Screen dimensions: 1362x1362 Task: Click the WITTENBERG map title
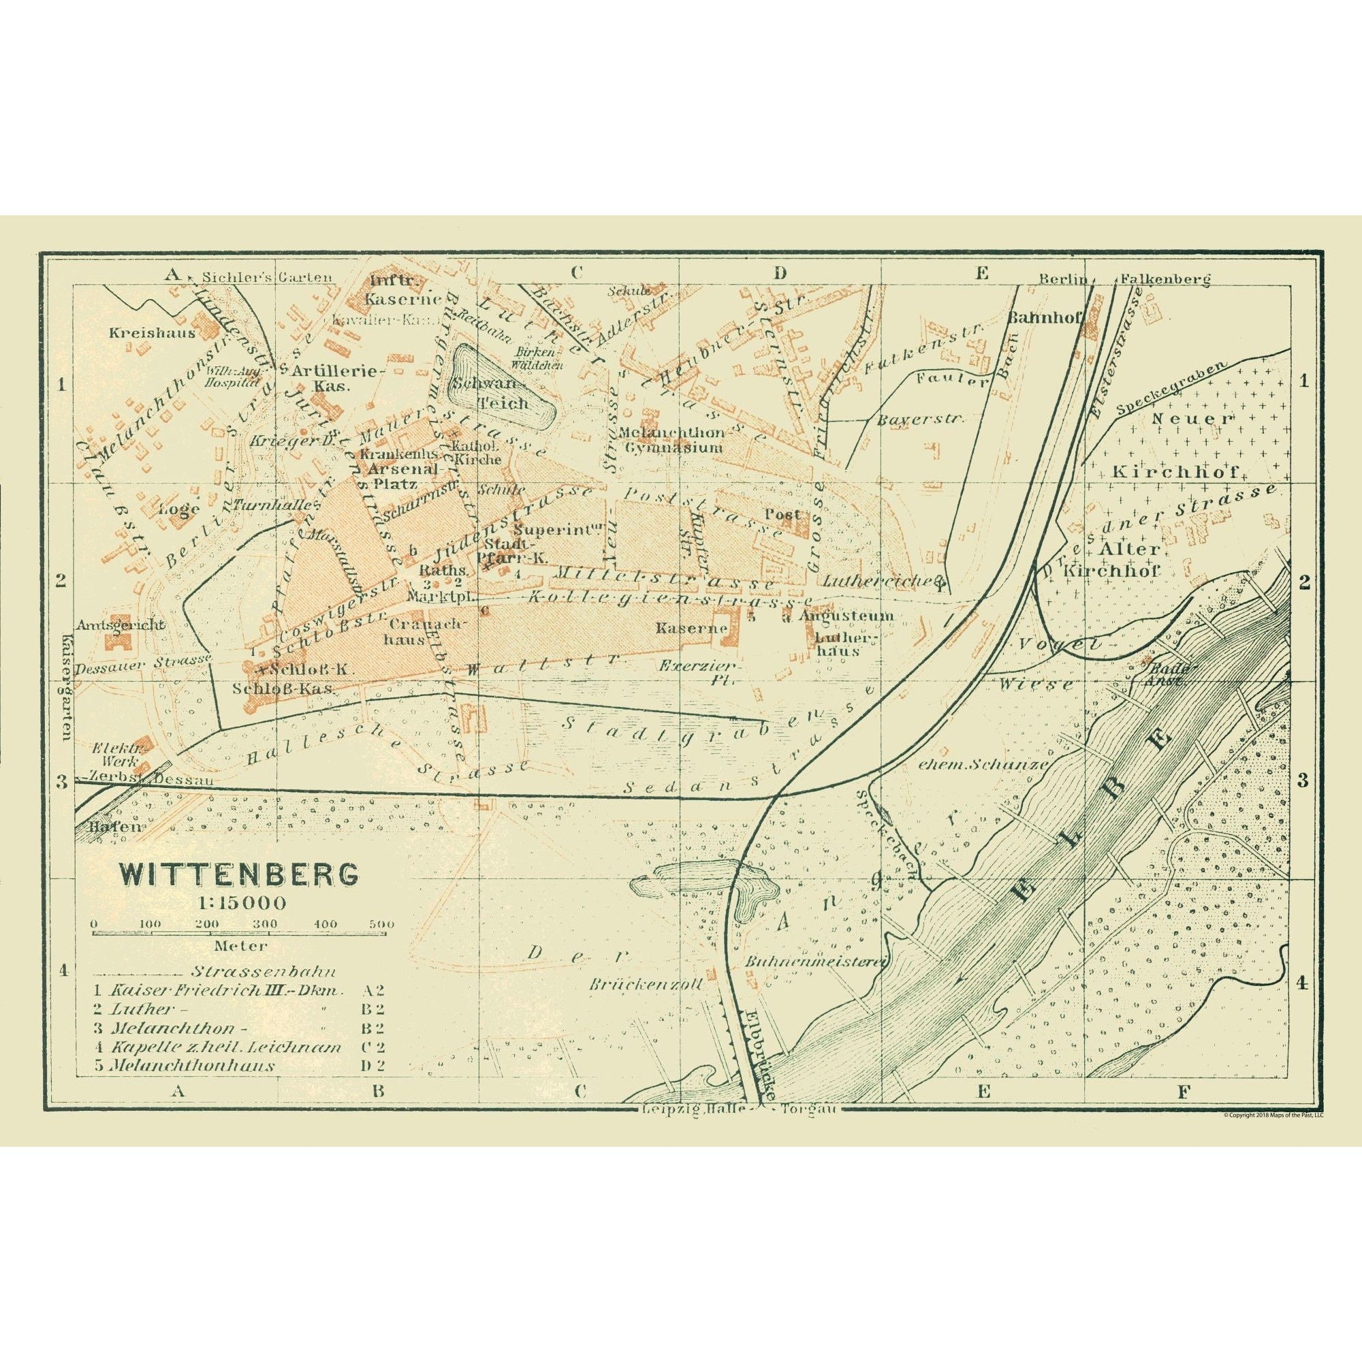tap(238, 875)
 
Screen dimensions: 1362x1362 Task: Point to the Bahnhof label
tap(1044, 317)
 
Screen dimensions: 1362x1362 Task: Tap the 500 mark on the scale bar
tap(381, 924)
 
